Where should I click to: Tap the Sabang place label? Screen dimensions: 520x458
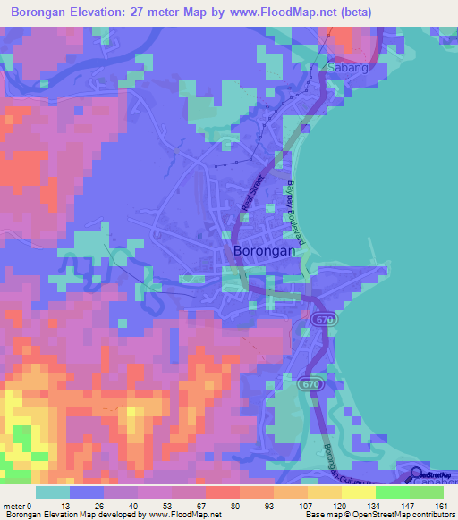click(x=347, y=68)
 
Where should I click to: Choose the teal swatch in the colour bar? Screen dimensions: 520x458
click(x=52, y=492)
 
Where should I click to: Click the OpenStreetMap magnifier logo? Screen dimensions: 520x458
click(x=418, y=475)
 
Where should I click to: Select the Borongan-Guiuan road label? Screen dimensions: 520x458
click(x=337, y=447)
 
